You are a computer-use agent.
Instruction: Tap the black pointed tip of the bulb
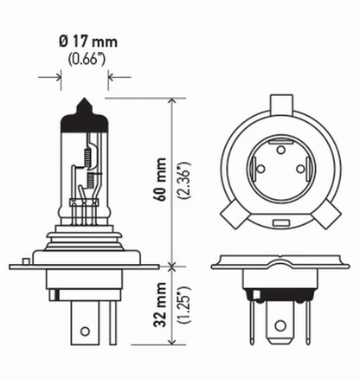point(85,107)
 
